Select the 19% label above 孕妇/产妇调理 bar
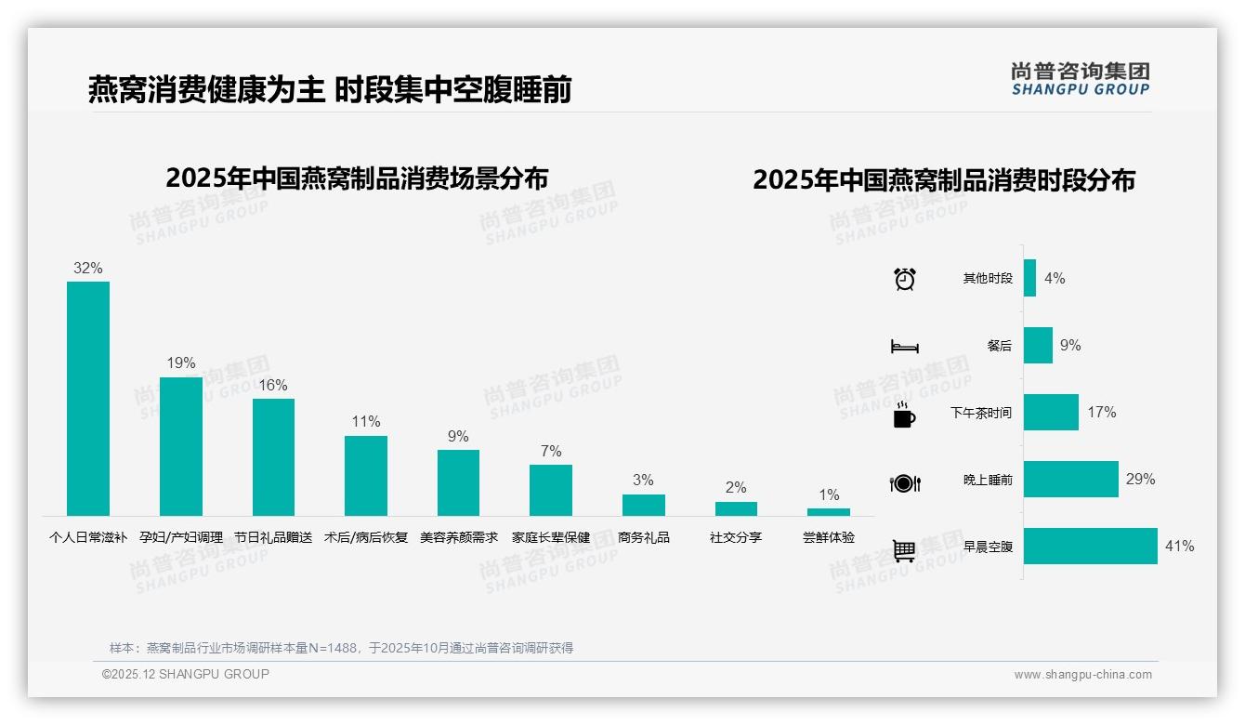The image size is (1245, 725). pyautogui.click(x=181, y=363)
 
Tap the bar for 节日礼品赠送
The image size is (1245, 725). pyautogui.click(x=273, y=456)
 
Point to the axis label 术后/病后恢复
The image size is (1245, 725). pyautogui.click(x=365, y=537)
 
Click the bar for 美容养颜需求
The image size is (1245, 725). pyautogui.click(x=458, y=482)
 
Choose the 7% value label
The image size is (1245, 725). pyautogui.click(x=551, y=451)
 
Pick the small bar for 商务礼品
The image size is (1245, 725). pyautogui.click(x=643, y=505)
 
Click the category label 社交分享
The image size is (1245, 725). pyautogui.click(x=736, y=537)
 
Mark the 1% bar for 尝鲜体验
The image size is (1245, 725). pyautogui.click(x=828, y=512)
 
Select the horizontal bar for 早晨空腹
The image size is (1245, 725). pyautogui.click(x=1091, y=547)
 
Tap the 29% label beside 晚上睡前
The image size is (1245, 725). pyautogui.click(x=1140, y=480)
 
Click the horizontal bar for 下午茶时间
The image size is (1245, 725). pyautogui.click(x=1051, y=413)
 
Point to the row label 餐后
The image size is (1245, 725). pyautogui.click(x=1000, y=346)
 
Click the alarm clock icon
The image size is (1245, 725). pyautogui.click(x=905, y=279)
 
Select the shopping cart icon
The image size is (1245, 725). pyautogui.click(x=904, y=550)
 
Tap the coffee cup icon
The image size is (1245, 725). pyautogui.click(x=904, y=415)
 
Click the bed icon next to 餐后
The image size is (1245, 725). pyautogui.click(x=904, y=347)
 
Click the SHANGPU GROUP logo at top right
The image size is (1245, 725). pyautogui.click(x=1080, y=78)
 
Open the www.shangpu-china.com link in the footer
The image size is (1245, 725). pyautogui.click(x=1082, y=675)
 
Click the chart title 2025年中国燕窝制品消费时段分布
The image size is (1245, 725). pyautogui.click(x=943, y=180)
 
